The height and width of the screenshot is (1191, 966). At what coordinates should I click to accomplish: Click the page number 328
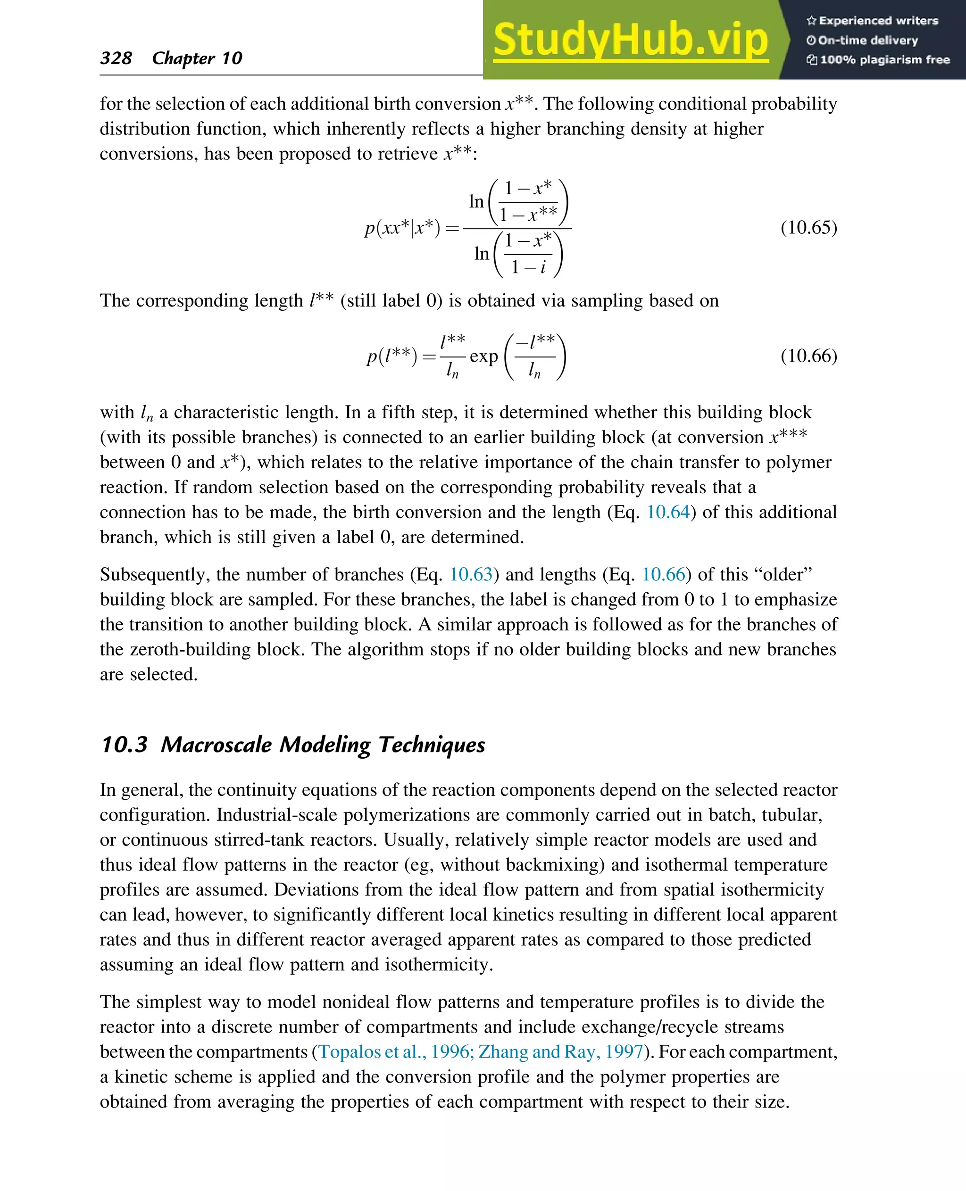[116, 58]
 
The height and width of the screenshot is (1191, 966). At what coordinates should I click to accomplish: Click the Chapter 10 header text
[197, 58]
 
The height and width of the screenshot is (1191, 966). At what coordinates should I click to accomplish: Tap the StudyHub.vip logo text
[631, 40]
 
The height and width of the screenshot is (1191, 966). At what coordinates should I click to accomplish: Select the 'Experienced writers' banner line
[873, 21]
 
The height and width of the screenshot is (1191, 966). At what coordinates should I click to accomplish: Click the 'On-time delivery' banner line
[863, 40]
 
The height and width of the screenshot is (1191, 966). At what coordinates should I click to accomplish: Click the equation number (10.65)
[808, 228]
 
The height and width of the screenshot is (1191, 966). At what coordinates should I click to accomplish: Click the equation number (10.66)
[808, 356]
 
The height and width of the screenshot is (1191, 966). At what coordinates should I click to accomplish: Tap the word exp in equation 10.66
[483, 356]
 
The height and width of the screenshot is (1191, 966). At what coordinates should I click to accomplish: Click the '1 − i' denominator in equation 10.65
[528, 267]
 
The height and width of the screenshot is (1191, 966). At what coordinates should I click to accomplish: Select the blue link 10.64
[668, 512]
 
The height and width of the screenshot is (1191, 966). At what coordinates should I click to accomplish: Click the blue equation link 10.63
[471, 574]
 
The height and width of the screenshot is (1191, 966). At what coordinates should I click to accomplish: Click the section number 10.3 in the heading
[124, 744]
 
